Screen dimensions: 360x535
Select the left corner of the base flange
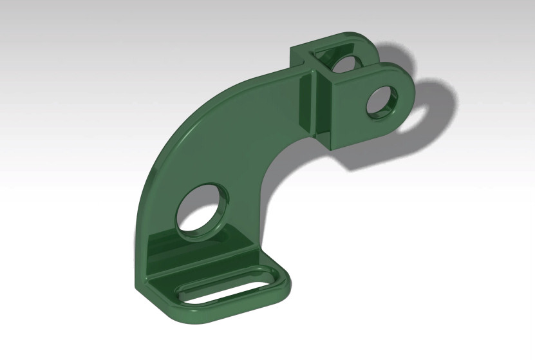(139, 283)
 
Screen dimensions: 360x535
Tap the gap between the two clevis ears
(361, 68)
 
